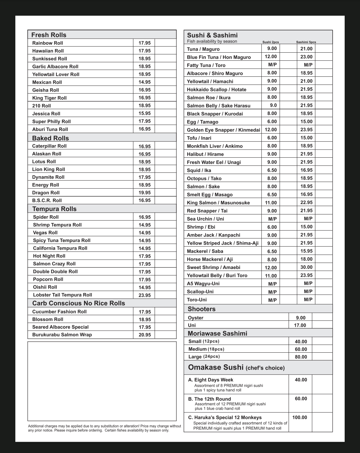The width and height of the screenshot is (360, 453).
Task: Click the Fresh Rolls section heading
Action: pyautogui.click(x=49, y=35)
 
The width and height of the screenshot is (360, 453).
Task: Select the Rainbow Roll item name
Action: pyautogui.click(x=47, y=43)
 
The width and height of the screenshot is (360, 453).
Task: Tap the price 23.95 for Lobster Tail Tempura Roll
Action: pyautogui.click(x=145, y=295)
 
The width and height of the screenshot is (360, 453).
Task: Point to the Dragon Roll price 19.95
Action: pyautogui.click(x=145, y=193)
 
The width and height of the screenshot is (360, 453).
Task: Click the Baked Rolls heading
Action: pyautogui.click(x=50, y=138)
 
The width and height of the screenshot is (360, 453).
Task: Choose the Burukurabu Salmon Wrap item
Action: pyautogui.click(x=62, y=335)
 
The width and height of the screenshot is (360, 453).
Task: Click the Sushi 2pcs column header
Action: pyautogui.click(x=271, y=42)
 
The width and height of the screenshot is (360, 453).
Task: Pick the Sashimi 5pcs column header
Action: pyautogui.click(x=306, y=42)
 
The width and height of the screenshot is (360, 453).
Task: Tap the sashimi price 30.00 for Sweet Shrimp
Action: pyautogui.click(x=306, y=267)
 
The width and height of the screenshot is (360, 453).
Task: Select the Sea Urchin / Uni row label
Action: pyautogui.click(x=205, y=219)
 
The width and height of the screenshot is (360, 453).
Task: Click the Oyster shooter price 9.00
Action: pyautogui.click(x=301, y=318)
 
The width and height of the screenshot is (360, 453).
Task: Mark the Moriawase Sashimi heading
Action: pyautogui.click(x=217, y=333)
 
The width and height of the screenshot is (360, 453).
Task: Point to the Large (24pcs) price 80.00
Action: pyautogui.click(x=301, y=357)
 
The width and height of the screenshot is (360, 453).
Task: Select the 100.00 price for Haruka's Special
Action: pyautogui.click(x=300, y=417)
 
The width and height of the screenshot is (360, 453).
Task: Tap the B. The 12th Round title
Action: pyautogui.click(x=209, y=399)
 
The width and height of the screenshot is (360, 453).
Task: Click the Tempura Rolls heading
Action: pyautogui.click(x=54, y=209)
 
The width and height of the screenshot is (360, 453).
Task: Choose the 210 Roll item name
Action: pyautogui.click(x=41, y=106)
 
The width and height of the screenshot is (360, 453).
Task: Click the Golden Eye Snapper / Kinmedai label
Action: pyautogui.click(x=223, y=130)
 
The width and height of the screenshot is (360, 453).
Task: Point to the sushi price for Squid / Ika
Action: pyautogui.click(x=272, y=170)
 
